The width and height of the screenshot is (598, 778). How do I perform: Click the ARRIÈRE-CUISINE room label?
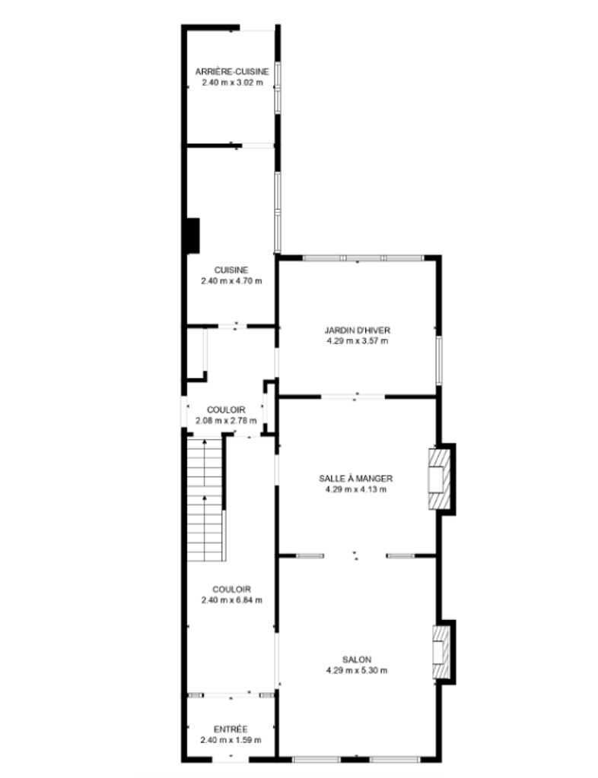(232, 71)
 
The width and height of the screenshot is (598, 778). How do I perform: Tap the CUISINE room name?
(231, 270)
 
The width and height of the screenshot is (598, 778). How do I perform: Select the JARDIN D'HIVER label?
(358, 330)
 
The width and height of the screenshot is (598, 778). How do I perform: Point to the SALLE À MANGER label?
(355, 479)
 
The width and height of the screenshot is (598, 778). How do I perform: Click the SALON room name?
(357, 659)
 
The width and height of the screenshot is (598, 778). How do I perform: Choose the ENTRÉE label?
(231, 729)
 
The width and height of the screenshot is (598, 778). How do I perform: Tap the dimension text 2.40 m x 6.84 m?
(231, 600)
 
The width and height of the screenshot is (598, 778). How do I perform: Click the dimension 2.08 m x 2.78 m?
(227, 421)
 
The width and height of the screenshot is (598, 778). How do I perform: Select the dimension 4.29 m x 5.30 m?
(357, 670)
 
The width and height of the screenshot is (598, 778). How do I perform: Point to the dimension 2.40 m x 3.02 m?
(233, 82)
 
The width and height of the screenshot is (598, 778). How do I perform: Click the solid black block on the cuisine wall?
(192, 236)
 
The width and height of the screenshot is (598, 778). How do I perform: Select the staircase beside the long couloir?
(205, 499)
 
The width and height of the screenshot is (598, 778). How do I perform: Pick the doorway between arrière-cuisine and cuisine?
(258, 145)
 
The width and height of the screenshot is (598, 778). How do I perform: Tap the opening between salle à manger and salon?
(355, 555)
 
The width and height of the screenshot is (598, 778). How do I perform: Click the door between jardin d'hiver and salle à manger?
(353, 396)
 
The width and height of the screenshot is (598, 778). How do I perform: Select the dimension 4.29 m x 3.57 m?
(358, 341)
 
